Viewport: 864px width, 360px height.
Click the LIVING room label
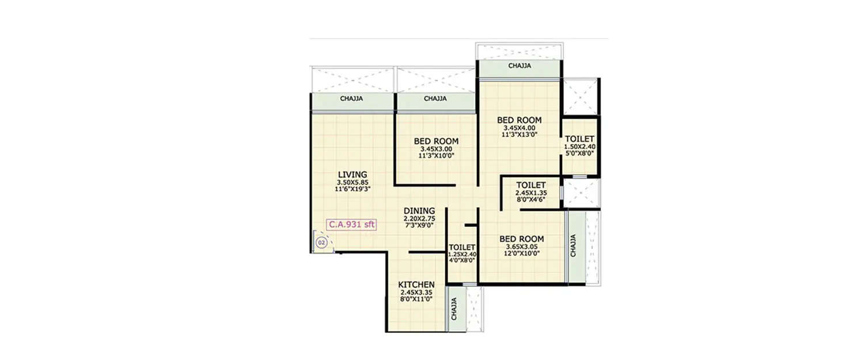353,175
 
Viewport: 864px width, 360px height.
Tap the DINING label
419,211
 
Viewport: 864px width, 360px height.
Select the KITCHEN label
416,285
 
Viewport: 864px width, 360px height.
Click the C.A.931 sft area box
351,225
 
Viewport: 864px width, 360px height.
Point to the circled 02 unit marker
321,244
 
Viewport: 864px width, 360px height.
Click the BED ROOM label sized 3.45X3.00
436,141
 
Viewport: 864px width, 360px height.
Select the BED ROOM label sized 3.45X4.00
519,120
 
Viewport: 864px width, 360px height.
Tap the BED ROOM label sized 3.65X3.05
521,239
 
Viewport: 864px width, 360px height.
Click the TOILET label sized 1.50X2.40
579,139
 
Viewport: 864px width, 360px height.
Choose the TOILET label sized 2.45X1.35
530,185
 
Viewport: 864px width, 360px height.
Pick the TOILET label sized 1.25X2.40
461,247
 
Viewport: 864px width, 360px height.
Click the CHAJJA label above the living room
351,98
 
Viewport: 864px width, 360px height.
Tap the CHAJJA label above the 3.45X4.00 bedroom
520,66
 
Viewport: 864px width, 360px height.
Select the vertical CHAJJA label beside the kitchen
454,309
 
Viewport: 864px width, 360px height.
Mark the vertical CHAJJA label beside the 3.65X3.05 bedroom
573,245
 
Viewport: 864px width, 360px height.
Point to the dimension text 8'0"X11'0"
416,299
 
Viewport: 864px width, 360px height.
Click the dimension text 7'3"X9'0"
419,225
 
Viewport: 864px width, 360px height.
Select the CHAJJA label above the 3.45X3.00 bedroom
435,98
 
